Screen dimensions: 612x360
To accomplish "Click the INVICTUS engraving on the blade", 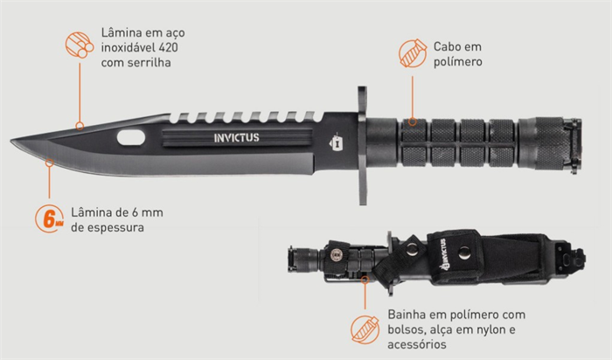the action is coord(237,138).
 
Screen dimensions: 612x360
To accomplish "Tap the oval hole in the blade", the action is coord(131,138).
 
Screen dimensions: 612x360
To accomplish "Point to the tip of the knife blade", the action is coord(11,140).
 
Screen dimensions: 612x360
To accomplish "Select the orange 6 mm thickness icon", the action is coord(49,218).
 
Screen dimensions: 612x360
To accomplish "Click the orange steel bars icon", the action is coord(80,45).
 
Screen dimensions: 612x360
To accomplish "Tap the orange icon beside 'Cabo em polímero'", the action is coord(413,53).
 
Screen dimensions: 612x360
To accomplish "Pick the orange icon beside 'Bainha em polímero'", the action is coord(365,330).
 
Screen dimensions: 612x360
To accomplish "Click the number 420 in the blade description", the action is coord(169,47).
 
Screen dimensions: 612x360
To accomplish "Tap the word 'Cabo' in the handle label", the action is coord(447,47).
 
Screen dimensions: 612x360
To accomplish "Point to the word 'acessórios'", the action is coord(417,344).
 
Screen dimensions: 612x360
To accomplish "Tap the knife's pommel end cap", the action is coord(572,145).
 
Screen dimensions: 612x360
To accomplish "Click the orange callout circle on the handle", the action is coord(413,122).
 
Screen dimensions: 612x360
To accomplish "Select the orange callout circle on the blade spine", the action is coord(80,126).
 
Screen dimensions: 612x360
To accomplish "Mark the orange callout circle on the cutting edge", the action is coord(49,163).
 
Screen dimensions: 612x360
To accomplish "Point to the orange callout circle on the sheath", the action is coord(365,280).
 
